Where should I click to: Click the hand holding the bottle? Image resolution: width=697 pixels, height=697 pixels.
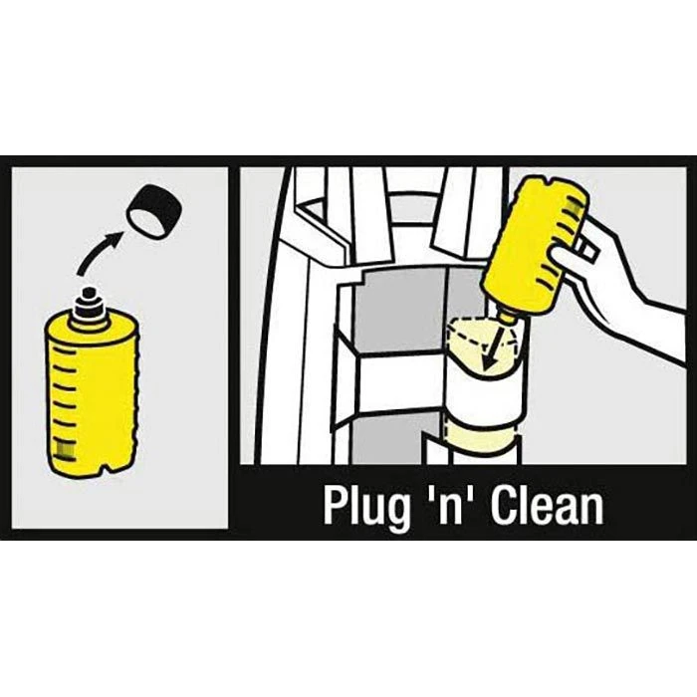622,285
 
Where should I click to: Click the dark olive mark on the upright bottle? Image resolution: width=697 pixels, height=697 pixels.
63,448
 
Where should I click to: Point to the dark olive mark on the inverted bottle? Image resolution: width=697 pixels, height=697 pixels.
574,205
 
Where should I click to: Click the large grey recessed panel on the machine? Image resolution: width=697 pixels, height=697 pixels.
402,310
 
